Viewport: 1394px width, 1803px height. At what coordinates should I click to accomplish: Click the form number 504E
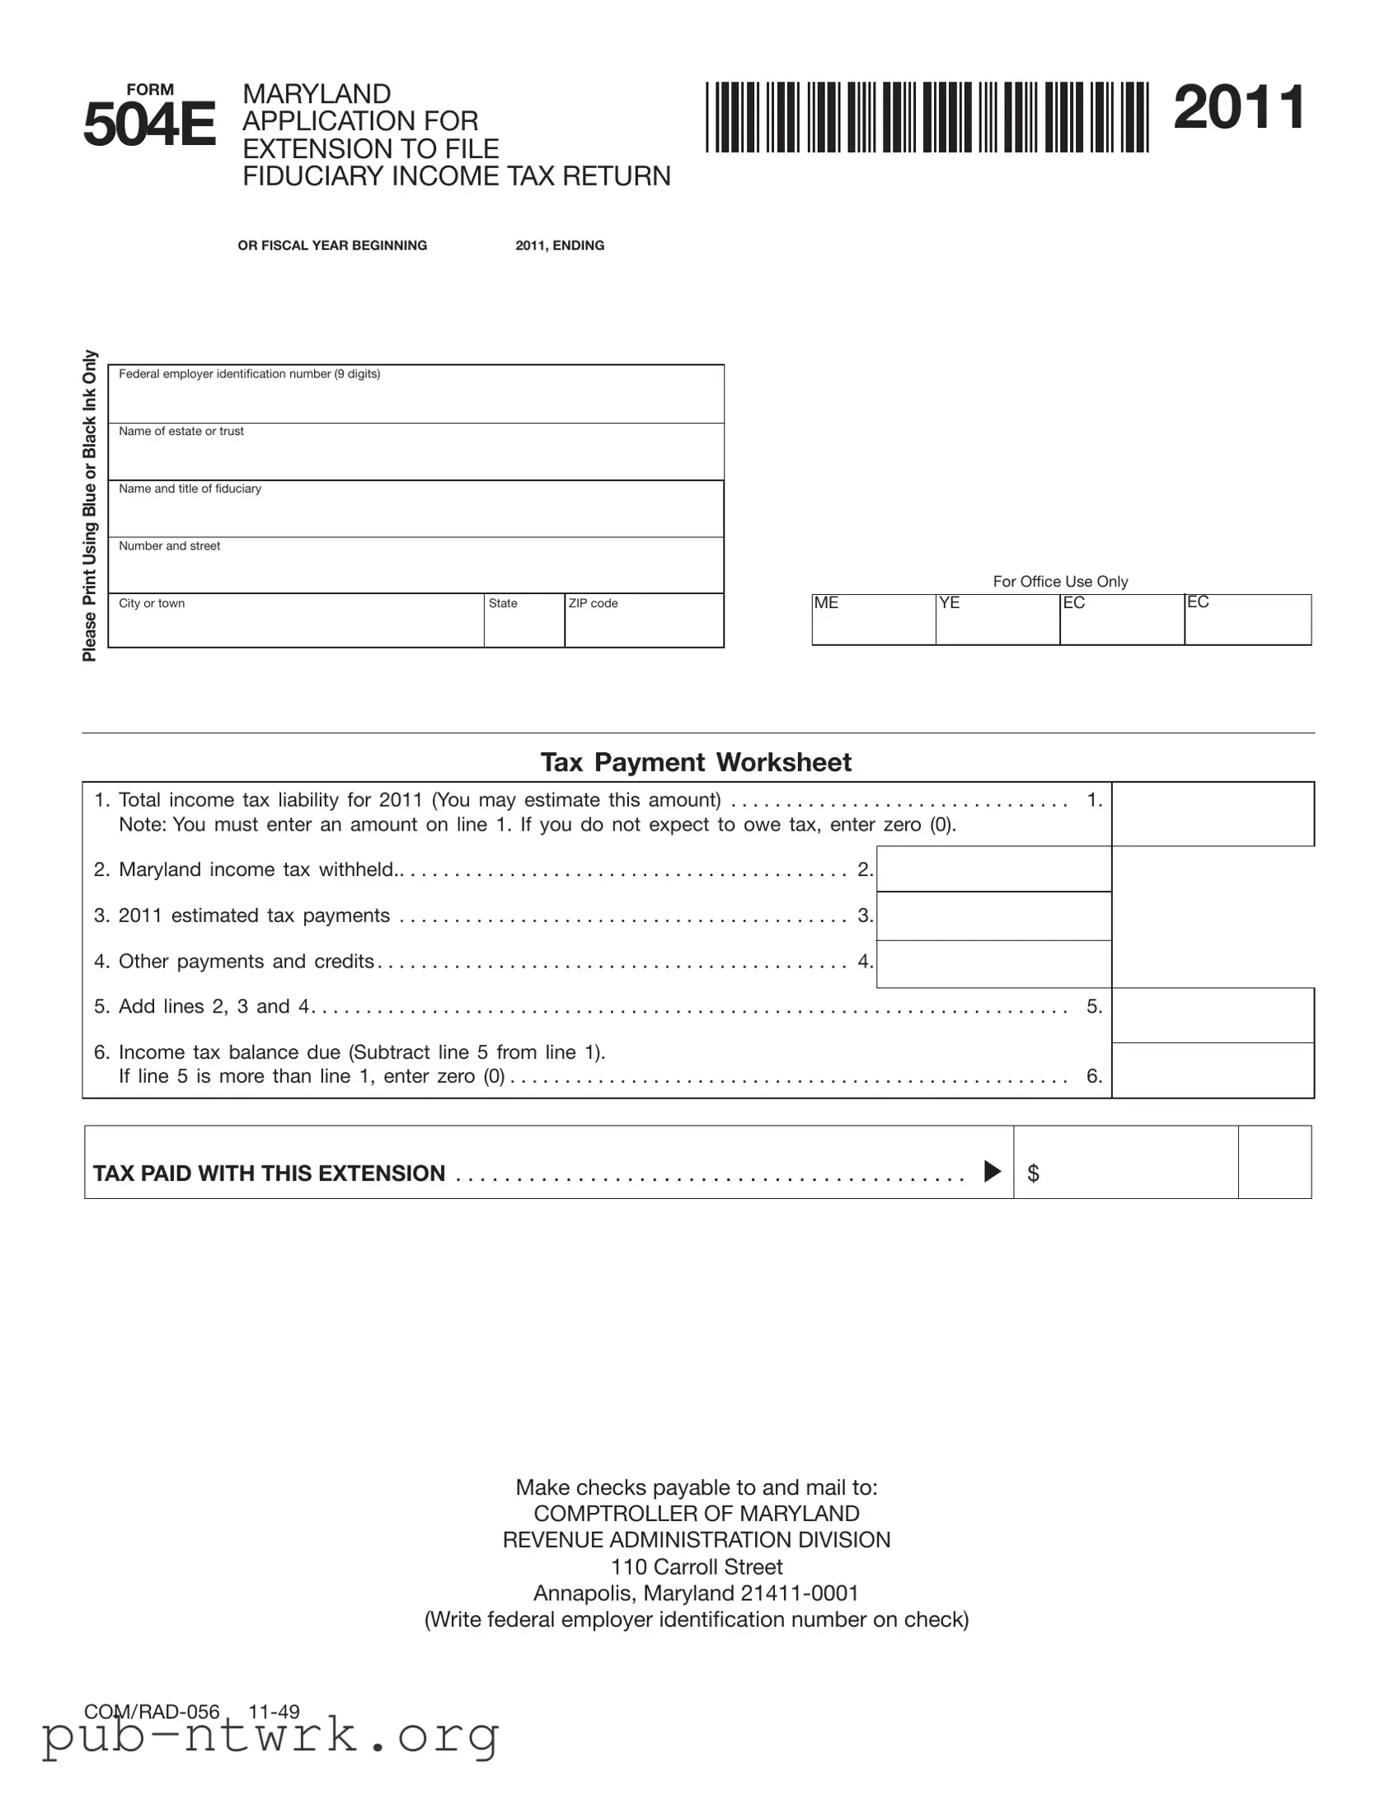[148, 124]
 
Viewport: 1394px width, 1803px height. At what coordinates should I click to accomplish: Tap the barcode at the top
[927, 117]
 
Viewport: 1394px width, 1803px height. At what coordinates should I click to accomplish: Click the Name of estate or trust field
[415, 454]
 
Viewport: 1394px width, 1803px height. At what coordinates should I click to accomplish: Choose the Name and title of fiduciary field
[415, 511]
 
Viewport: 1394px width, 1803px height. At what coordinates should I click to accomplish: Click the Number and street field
[415, 568]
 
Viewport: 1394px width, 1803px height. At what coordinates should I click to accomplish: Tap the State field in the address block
[523, 623]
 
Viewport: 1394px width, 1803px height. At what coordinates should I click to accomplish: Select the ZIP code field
[643, 623]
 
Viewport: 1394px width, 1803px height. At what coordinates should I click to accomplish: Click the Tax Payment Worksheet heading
[695, 761]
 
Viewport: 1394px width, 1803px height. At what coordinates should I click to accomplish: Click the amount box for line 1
[1213, 814]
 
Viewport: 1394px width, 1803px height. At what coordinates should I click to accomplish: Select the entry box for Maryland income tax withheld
[993, 869]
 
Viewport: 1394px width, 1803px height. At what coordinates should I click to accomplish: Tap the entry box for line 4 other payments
[993, 963]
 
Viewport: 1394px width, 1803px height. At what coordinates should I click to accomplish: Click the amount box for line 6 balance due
[1213, 1070]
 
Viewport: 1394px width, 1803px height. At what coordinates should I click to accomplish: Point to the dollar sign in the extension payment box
[1033, 1173]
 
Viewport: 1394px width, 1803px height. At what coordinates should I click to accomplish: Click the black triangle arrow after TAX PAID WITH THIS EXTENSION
[993, 1172]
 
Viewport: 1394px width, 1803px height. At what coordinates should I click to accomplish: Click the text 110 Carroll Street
[696, 1566]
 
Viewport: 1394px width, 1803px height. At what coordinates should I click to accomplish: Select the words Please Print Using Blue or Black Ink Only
[89, 505]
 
